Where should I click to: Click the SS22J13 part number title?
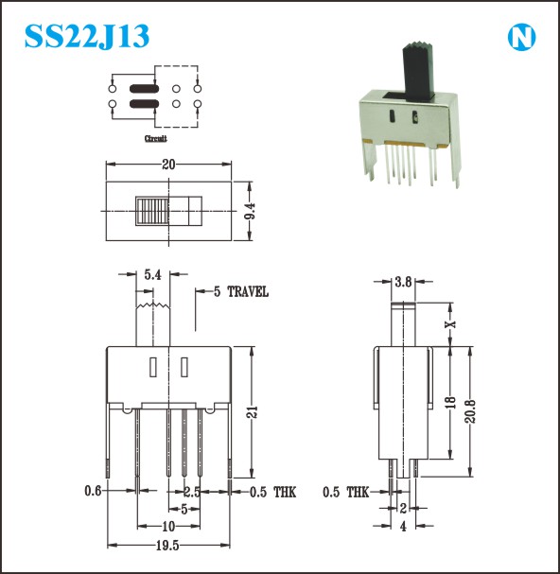(87, 36)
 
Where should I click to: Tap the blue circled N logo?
(521, 37)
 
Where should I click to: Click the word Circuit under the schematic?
(156, 138)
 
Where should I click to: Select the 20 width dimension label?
(168, 165)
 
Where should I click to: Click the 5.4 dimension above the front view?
(152, 274)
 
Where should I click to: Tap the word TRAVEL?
(248, 292)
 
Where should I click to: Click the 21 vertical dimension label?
(253, 412)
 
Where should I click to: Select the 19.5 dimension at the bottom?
(167, 546)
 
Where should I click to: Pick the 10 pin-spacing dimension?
(168, 527)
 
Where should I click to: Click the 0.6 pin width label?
(93, 491)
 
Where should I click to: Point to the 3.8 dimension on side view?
(403, 282)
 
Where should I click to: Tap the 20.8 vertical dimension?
(470, 411)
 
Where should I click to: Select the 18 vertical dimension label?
(451, 402)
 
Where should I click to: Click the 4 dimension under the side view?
(403, 527)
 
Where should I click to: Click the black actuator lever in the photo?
(419, 71)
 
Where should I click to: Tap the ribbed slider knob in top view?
(152, 211)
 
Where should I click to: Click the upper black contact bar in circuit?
(145, 88)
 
